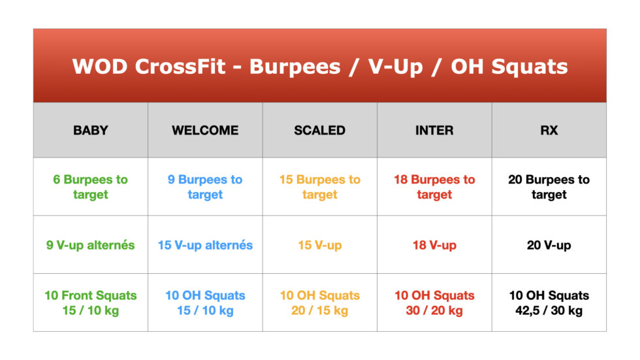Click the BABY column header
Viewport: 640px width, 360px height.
pyautogui.click(x=91, y=130)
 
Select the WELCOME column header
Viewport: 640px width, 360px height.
pyautogui.click(x=205, y=130)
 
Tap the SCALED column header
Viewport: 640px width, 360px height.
pyautogui.click(x=319, y=130)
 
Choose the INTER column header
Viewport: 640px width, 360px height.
pyautogui.click(x=434, y=130)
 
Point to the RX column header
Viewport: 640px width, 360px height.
pyautogui.click(x=549, y=130)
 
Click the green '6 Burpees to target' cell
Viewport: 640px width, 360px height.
pyautogui.click(x=91, y=187)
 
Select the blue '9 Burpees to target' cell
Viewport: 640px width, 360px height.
pyautogui.click(x=205, y=187)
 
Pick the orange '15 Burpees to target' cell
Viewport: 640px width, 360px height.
pyautogui.click(x=319, y=187)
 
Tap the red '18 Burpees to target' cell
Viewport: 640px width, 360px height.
pyautogui.click(x=434, y=187)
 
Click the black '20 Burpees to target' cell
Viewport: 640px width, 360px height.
pyautogui.click(x=549, y=187)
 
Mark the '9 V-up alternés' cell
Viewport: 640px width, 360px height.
pyautogui.click(x=91, y=245)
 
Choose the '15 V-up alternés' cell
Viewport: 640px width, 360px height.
pyautogui.click(x=205, y=245)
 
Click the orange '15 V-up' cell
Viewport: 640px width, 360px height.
pyautogui.click(x=319, y=245)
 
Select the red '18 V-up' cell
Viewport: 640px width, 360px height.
pyautogui.click(x=434, y=245)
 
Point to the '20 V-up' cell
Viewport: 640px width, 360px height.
pyautogui.click(x=549, y=245)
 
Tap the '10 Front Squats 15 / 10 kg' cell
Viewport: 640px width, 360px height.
pyautogui.click(x=91, y=303)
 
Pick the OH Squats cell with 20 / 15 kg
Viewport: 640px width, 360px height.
pyautogui.click(x=319, y=303)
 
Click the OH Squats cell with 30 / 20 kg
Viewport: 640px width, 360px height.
pyautogui.click(x=434, y=303)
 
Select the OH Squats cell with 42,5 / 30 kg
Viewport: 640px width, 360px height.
pyautogui.click(x=549, y=303)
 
